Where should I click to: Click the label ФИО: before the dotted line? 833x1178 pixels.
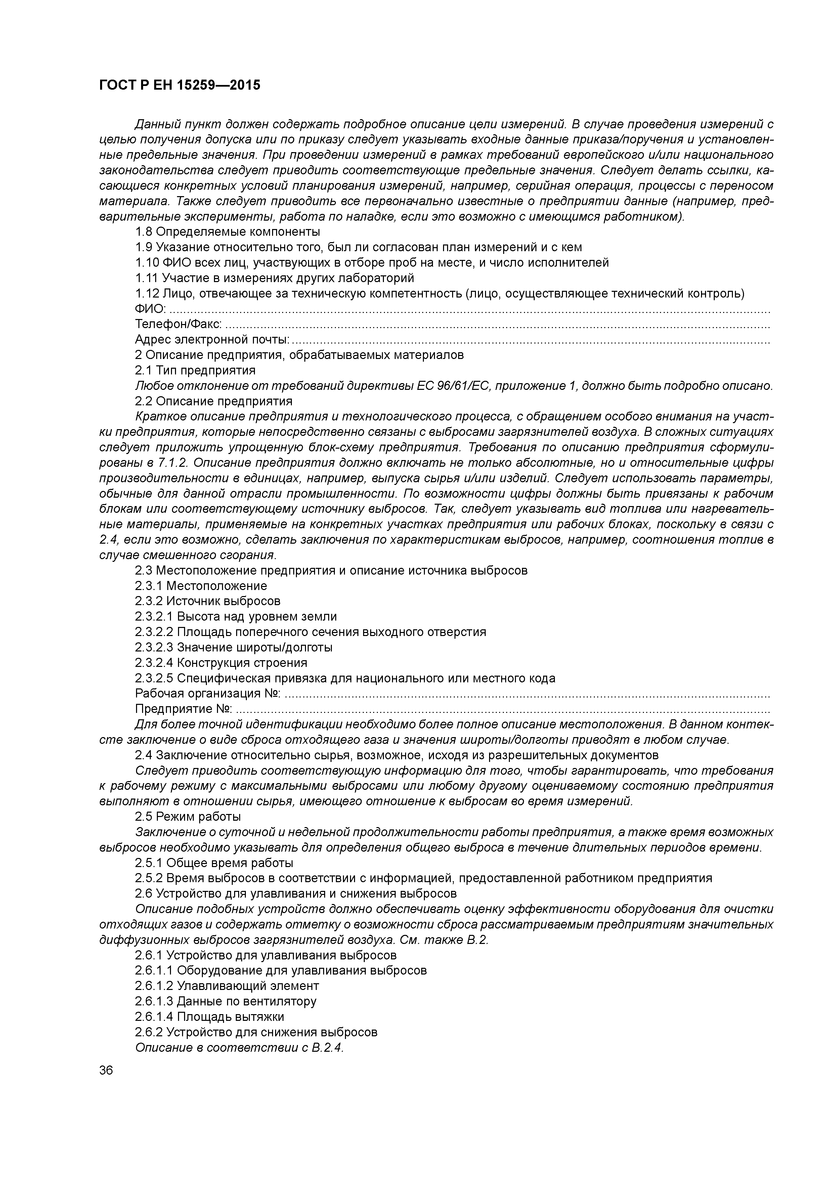tap(150, 309)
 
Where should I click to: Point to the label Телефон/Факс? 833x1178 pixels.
tap(179, 324)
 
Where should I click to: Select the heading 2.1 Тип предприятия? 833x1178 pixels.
tap(195, 370)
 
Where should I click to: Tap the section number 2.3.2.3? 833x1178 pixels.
tap(154, 647)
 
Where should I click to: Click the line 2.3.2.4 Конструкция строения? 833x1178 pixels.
tap(221, 663)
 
